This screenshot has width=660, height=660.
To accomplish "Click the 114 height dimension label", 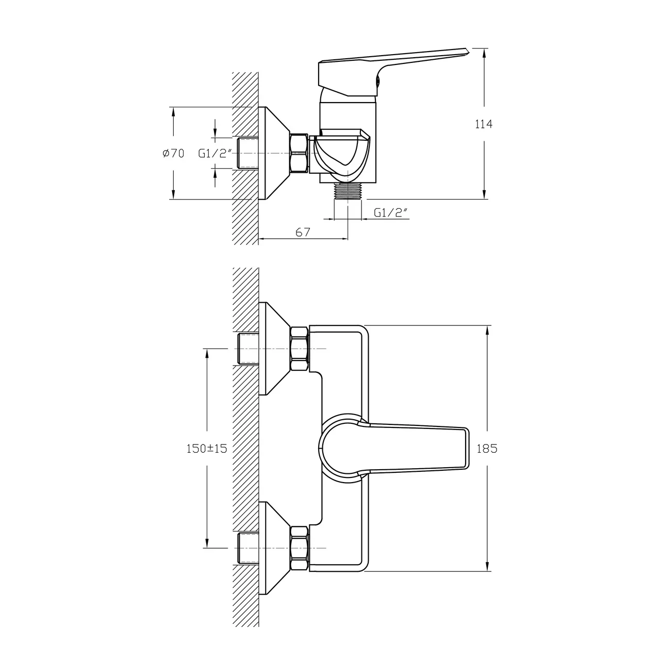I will [x=483, y=124].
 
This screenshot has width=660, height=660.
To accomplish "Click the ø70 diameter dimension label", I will [x=173, y=153].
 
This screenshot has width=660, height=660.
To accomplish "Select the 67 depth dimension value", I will [x=303, y=233].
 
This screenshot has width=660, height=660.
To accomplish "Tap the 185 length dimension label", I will [x=487, y=449].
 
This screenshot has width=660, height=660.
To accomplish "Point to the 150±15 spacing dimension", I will [x=206, y=449].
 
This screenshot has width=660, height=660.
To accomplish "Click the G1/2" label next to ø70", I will [x=216, y=153].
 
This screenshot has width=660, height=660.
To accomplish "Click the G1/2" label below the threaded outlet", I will [x=391, y=212].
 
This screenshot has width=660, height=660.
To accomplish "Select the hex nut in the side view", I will [x=299, y=153].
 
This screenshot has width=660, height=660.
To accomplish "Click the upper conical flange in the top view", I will [x=273, y=349].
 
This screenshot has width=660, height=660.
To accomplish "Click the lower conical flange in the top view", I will [x=273, y=548].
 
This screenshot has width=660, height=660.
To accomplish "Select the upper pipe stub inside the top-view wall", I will [x=247, y=349].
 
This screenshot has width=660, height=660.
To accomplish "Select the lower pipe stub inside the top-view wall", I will [x=247, y=548].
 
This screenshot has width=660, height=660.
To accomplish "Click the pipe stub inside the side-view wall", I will [x=247, y=153].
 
